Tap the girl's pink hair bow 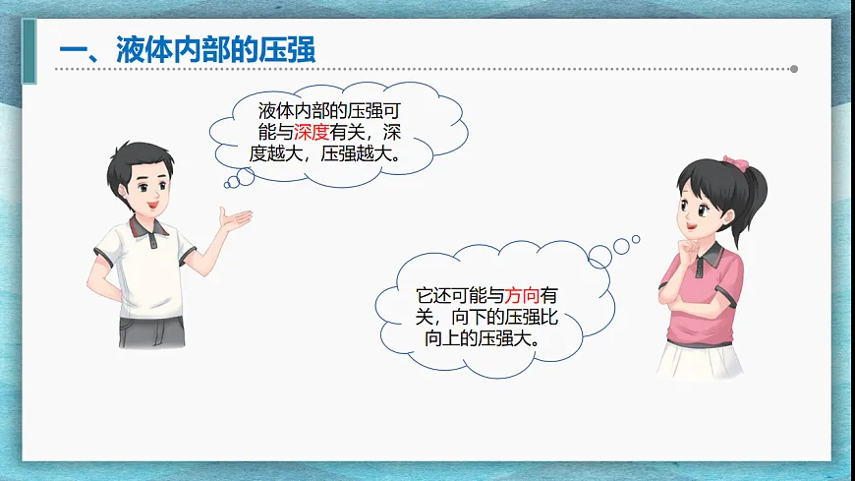pyautogui.click(x=735, y=162)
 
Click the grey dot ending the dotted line pyautogui.click(x=794, y=69)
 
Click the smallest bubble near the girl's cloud pyautogui.click(x=636, y=238)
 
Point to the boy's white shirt pyautogui.click(x=147, y=266)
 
